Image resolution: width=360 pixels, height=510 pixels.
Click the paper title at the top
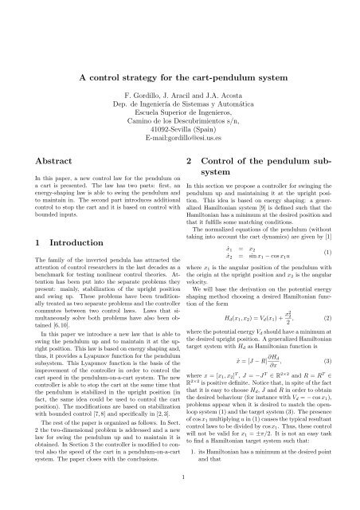(x=179, y=78)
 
